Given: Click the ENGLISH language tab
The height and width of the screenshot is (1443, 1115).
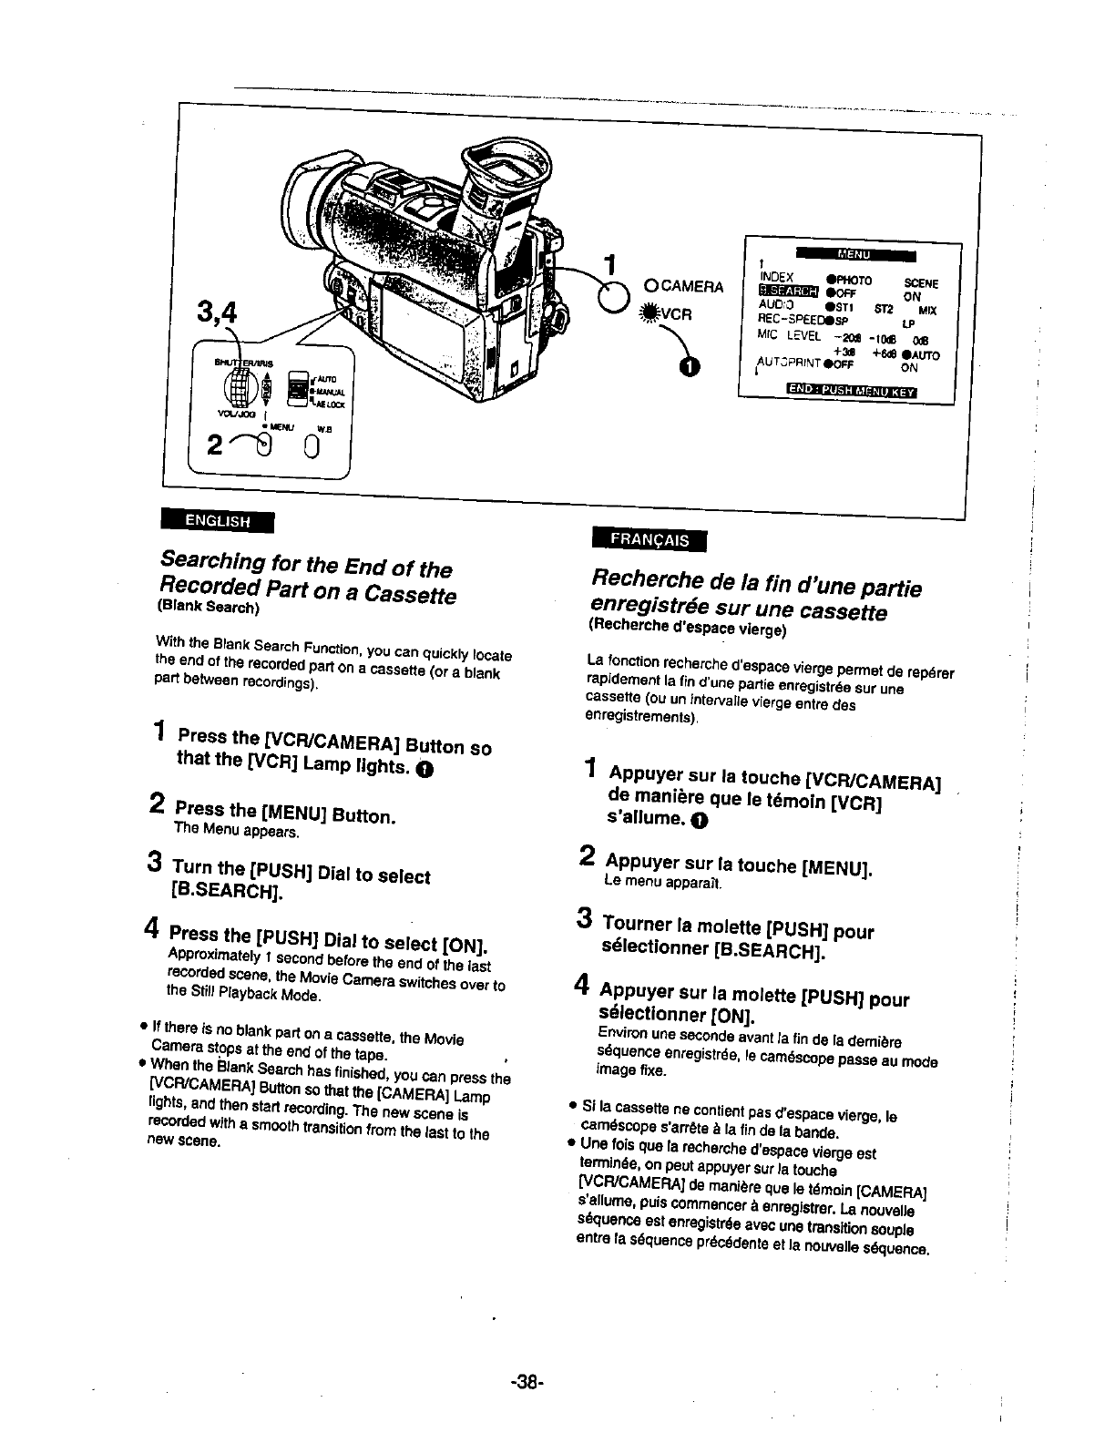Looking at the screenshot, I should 217,521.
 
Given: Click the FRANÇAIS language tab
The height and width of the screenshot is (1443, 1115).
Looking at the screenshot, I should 650,538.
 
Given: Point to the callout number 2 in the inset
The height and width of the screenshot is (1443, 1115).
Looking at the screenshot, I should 214,446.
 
